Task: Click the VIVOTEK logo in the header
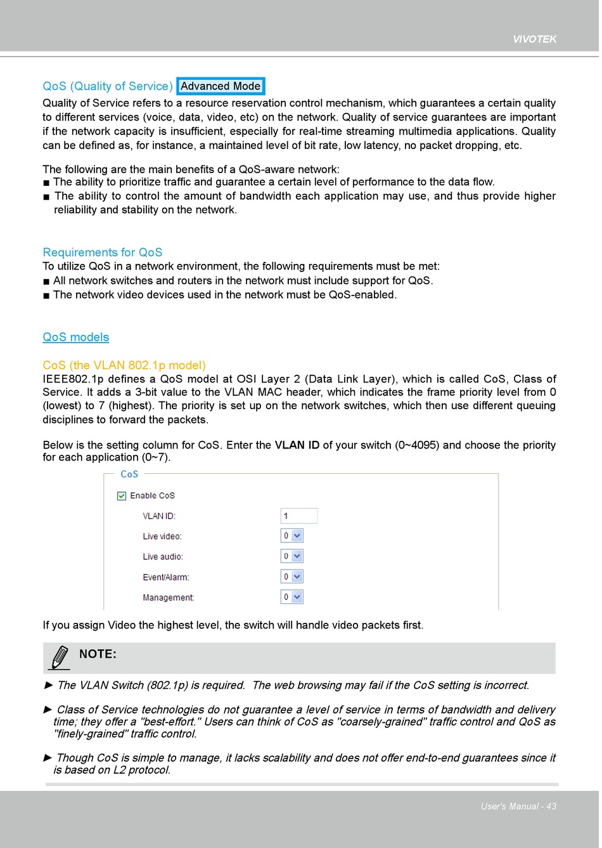point(534,39)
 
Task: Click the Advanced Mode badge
point(221,86)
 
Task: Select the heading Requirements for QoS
point(102,252)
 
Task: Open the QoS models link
point(75,337)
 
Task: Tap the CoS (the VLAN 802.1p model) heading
point(124,365)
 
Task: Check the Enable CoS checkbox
point(122,496)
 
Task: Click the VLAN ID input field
point(298,516)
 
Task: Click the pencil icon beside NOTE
point(59,658)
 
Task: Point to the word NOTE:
point(98,654)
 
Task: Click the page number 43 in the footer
point(551,806)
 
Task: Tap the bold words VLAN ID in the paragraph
point(297,445)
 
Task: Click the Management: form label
point(168,597)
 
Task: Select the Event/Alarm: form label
point(165,577)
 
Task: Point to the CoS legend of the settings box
point(129,474)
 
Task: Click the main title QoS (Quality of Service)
point(107,86)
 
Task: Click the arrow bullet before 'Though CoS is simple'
point(48,758)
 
